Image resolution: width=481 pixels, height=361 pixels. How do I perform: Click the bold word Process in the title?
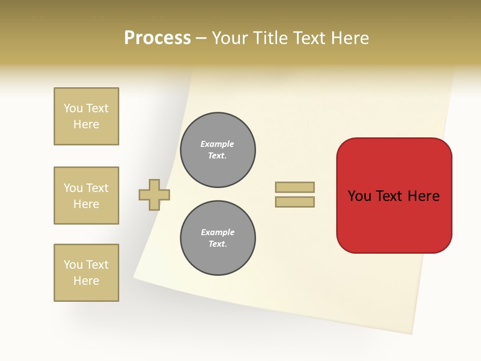157,38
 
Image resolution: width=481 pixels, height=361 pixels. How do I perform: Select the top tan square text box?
86,116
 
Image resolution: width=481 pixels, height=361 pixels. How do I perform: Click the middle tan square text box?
86,196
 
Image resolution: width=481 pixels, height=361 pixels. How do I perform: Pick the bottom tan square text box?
86,273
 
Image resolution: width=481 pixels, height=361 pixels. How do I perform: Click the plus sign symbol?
154,195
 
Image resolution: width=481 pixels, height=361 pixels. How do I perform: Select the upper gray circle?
217,150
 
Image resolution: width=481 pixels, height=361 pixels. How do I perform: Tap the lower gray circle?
217,238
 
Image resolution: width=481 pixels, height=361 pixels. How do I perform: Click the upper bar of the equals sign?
295,187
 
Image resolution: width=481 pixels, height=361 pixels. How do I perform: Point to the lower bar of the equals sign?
295,202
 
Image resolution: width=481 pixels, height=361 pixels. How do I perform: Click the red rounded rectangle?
394,221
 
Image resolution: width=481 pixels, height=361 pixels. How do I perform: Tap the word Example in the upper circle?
217,144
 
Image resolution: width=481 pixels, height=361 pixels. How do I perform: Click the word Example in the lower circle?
217,232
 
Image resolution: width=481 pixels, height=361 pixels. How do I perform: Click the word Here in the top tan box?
86,124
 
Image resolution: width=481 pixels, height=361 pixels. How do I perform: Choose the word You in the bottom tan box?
73,265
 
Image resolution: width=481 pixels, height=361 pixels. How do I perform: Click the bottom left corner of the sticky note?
134,277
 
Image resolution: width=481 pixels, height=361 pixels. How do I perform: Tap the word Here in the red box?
423,196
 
